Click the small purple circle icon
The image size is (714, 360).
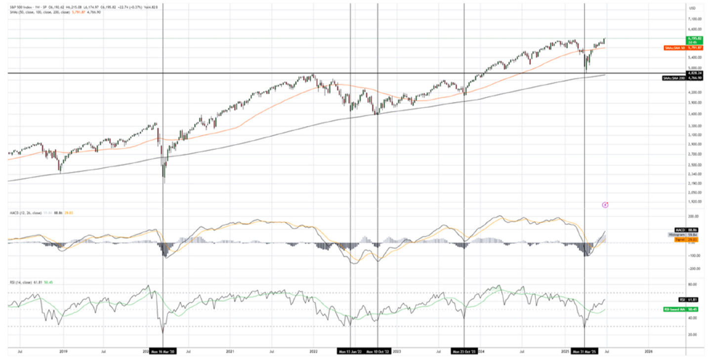pos(605,204)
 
